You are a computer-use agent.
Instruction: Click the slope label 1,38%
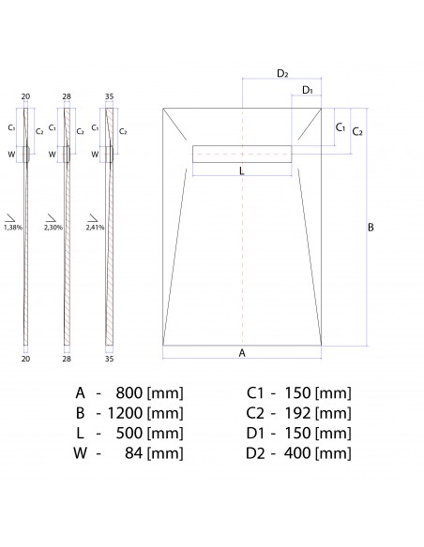click(12, 227)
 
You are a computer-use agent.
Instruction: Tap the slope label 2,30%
click(53, 227)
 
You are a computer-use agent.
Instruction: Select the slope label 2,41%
click(95, 227)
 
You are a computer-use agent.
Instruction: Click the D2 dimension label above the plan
click(282, 73)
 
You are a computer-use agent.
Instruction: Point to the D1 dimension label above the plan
click(307, 90)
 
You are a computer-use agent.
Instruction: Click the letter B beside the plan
click(371, 228)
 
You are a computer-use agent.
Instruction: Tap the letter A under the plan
click(242, 352)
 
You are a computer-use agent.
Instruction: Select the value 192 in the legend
click(298, 412)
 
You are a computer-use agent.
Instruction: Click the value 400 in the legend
click(298, 453)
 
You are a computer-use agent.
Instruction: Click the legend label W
click(81, 453)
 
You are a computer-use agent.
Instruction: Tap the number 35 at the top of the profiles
click(109, 96)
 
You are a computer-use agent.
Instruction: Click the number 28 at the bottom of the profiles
click(68, 358)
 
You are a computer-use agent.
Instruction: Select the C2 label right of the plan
click(357, 132)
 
